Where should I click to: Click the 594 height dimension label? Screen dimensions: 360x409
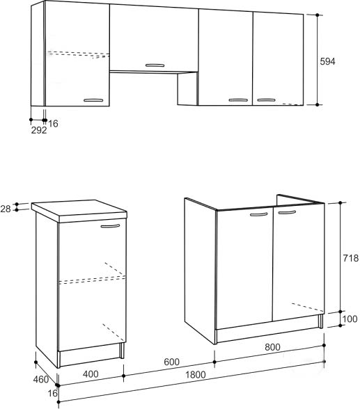[x=327, y=61]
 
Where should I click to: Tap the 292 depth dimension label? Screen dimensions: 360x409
[x=39, y=130]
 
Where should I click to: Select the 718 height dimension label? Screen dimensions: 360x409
[x=351, y=258]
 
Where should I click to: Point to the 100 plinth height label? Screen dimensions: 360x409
[x=350, y=319]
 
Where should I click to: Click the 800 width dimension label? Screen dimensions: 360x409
[x=272, y=347]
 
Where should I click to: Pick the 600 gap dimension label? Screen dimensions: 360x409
[x=171, y=362]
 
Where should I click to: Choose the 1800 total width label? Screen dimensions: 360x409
[x=196, y=375]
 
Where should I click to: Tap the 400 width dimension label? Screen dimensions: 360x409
[x=91, y=374]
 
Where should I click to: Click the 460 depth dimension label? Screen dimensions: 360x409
[x=41, y=380]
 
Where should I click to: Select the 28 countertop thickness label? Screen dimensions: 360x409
[x=6, y=209]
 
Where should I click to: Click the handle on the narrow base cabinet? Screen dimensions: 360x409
[x=111, y=226]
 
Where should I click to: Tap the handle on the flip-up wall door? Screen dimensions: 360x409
[x=155, y=65]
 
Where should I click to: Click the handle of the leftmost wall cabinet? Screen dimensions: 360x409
[x=93, y=100]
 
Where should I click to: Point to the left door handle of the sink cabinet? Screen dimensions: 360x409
[x=259, y=214]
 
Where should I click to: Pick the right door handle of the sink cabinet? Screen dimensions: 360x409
[x=287, y=212]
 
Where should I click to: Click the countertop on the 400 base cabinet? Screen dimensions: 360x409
[x=79, y=211]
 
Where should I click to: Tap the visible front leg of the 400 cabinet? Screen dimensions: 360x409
[x=122, y=351]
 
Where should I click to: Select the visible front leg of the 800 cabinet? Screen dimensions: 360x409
[x=320, y=321]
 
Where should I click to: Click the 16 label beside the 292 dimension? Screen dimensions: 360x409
[x=53, y=124]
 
